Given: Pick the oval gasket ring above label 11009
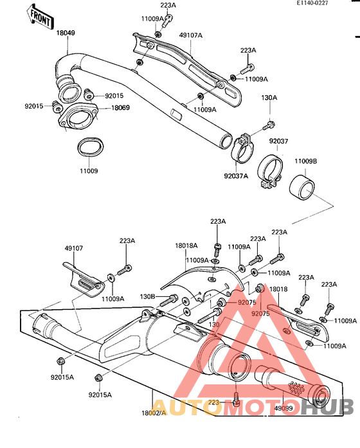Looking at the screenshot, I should pos(89,147).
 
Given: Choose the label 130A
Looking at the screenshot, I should pos(269,98).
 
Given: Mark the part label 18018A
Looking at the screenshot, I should pos(186,246).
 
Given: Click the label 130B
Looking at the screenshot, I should pos(148,298).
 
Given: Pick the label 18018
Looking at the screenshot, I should pos(278,291).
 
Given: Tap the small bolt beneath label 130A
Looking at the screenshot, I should pos(270,123).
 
